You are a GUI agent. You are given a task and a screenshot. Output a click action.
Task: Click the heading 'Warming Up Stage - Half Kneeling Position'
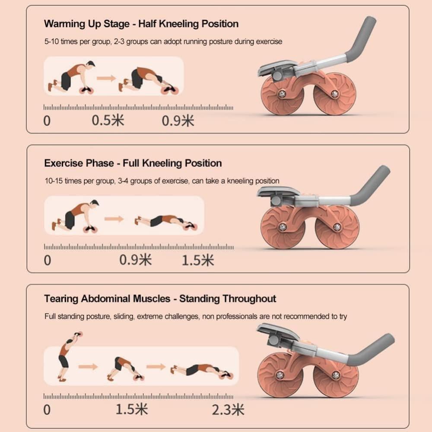click(141, 24)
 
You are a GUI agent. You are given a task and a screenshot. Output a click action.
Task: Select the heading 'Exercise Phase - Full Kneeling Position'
click(133, 163)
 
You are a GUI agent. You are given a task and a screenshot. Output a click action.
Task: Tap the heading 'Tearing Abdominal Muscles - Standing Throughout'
click(160, 299)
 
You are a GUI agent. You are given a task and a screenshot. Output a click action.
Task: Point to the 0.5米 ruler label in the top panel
click(108, 121)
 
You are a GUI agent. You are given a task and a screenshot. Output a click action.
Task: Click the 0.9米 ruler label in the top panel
click(178, 121)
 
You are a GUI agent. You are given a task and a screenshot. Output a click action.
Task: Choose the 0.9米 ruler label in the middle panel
click(135, 260)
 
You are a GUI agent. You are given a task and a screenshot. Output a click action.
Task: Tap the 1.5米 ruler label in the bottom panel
click(132, 410)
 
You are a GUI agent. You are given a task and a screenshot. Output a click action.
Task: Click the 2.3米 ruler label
click(228, 410)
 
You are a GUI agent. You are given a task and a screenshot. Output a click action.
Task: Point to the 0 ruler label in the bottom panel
click(47, 410)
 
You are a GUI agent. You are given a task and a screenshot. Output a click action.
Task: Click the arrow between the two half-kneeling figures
click(106, 78)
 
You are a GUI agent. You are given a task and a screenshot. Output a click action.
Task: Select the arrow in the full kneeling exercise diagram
click(114, 219)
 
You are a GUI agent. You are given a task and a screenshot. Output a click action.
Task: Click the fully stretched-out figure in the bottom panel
click(202, 371)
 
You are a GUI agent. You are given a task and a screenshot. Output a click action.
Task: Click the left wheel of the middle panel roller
click(283, 228)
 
